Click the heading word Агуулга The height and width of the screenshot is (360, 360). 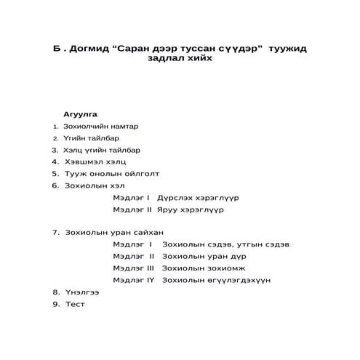point(80,114)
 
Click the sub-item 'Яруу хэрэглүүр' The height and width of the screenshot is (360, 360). point(191,209)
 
